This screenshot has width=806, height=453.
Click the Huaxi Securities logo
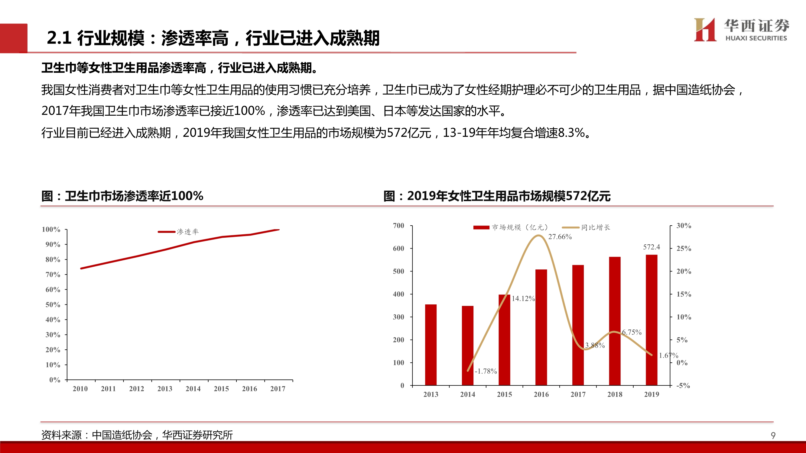(x=741, y=30)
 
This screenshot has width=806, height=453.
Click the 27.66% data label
(x=560, y=237)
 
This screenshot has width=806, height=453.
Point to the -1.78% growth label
(x=486, y=371)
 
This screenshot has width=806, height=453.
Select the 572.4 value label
(x=652, y=247)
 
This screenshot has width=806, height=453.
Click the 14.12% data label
(x=523, y=299)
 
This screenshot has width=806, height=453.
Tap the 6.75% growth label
(x=632, y=332)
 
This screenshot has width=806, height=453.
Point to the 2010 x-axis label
(x=80, y=389)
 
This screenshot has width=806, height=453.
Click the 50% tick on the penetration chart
(x=53, y=304)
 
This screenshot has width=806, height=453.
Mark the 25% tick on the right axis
(x=684, y=249)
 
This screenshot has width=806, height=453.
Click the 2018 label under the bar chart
(x=615, y=394)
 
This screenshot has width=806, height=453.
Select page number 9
(x=773, y=435)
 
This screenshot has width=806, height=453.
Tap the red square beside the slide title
(x=14, y=38)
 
